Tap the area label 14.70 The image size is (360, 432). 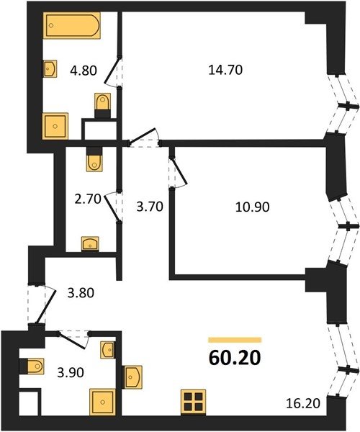[x=225, y=70]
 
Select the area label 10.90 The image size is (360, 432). [x=252, y=207]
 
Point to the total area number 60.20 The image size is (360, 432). [x=235, y=358]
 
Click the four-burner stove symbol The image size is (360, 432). [x=194, y=402]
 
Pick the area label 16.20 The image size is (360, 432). [x=303, y=403]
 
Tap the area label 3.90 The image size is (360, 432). [x=71, y=373]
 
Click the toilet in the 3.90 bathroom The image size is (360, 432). [x=32, y=366]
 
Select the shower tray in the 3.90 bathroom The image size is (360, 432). [x=102, y=402]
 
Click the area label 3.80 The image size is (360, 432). [x=81, y=292]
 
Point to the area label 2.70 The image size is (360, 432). [x=88, y=199]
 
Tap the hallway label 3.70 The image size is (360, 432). [x=150, y=207]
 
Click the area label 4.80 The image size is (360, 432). [x=84, y=71]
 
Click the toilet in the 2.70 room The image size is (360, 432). [x=94, y=159]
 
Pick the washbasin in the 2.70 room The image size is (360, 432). [x=90, y=244]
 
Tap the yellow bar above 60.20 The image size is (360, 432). [x=235, y=340]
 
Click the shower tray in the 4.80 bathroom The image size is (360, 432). [x=55, y=126]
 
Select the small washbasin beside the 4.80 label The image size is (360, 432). [x=50, y=68]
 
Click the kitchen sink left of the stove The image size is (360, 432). [x=132, y=377]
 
